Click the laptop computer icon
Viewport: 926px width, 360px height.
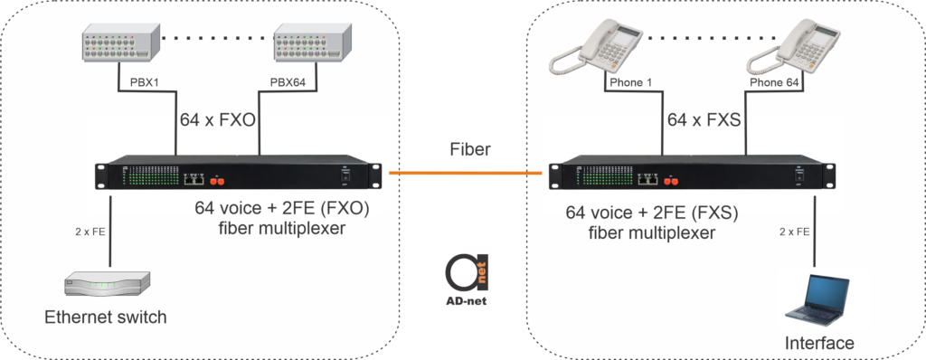tap(818, 298)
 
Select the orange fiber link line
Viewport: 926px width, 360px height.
tap(468, 171)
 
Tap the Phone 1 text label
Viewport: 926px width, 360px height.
tap(630, 83)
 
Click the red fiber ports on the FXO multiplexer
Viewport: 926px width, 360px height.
tap(220, 179)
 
